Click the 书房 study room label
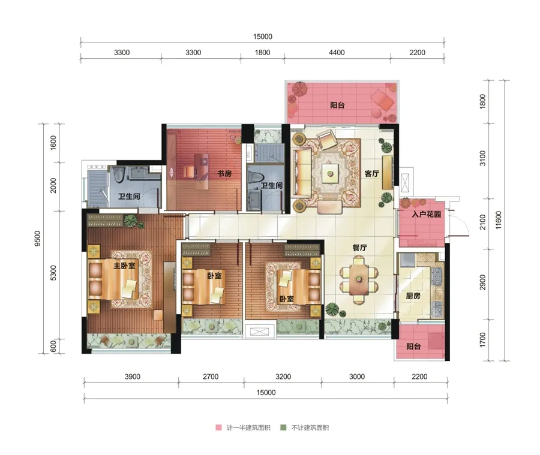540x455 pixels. click(224, 173)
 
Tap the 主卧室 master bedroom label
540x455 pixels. click(124, 266)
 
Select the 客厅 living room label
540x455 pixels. click(372, 173)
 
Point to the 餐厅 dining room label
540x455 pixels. click(359, 248)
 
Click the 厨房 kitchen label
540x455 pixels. click(413, 296)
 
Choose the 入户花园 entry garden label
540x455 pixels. click(427, 214)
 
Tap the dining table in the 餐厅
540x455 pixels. click(359, 279)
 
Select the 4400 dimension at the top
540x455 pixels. click(337, 52)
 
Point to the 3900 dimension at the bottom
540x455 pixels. click(132, 376)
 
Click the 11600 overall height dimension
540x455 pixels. click(499, 220)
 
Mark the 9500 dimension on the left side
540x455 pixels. click(37, 238)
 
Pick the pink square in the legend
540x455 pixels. click(218, 427)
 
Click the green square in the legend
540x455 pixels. click(283, 427)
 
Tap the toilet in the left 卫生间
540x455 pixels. click(118, 174)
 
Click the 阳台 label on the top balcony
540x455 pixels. click(337, 106)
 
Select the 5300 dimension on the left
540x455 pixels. click(53, 273)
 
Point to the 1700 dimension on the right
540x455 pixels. click(482, 339)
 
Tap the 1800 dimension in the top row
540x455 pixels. click(262, 52)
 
